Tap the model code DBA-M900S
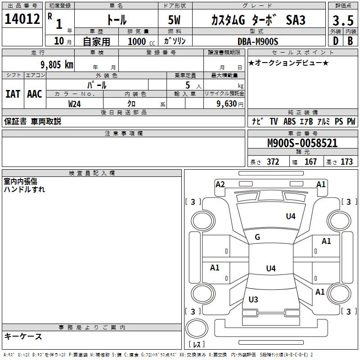[258, 41]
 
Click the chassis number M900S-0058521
[302, 144]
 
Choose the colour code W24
[75, 104]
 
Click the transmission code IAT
[13, 94]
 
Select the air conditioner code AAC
[34, 94]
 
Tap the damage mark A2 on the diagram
[220, 184]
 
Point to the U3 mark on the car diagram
[253, 299]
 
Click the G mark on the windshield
[257, 237]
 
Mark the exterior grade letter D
[335, 41]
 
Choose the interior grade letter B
[350, 41]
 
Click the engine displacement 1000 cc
[138, 41]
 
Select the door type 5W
[175, 20]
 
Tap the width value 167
[310, 162]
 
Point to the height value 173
[346, 162]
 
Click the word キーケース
[23, 337]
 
